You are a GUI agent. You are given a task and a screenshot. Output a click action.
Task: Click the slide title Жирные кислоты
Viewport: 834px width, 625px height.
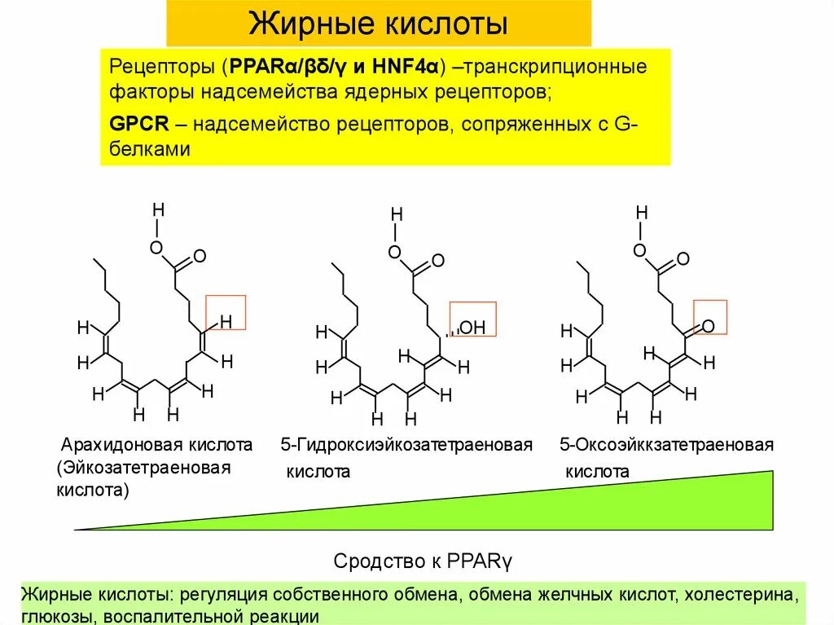tap(378, 24)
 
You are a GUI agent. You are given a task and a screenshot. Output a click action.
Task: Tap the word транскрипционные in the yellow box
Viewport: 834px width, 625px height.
tap(555, 66)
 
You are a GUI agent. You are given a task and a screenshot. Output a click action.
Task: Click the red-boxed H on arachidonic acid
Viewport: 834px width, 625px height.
tap(226, 322)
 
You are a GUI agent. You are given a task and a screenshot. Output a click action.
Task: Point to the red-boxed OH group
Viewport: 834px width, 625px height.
tap(473, 328)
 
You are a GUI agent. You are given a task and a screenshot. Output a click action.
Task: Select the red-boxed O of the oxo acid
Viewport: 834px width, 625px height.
tap(709, 326)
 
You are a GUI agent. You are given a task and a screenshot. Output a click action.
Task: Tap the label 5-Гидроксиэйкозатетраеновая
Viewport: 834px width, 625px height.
tap(406, 445)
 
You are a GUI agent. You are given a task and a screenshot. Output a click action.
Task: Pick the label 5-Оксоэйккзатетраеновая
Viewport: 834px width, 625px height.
tap(666, 445)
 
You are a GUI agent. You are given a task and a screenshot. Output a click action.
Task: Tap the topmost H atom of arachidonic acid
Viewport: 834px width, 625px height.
tap(159, 209)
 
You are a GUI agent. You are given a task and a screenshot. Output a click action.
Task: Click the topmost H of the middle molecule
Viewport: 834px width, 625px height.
tap(397, 213)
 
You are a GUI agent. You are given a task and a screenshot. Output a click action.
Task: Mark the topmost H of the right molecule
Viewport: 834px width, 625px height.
tap(642, 213)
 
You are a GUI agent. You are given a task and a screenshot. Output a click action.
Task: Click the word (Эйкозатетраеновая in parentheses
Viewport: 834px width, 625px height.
tap(145, 469)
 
